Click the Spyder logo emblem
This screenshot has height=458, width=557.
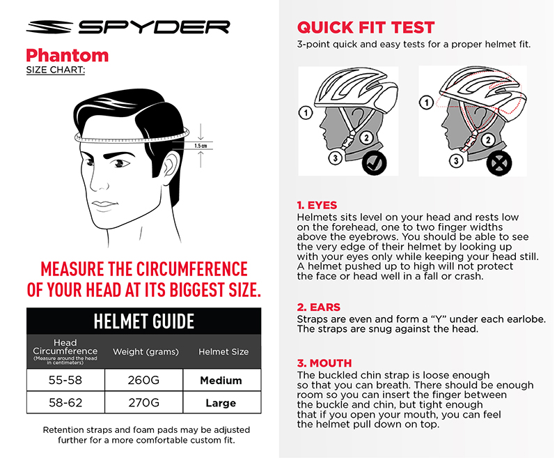[49, 27]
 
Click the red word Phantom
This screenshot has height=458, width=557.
[68, 56]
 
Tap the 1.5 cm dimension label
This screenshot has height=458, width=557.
[201, 146]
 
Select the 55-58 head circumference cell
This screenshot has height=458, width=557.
[65, 380]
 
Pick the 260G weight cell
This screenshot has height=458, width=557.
[144, 380]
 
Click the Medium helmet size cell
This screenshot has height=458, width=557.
[221, 380]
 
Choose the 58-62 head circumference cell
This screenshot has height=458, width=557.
[65, 402]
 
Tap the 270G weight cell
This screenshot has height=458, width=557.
[144, 402]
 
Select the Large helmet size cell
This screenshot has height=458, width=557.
[221, 402]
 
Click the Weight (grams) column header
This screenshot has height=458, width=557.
[146, 351]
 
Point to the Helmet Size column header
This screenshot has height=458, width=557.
[223, 351]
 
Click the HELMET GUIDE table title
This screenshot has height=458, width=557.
[144, 321]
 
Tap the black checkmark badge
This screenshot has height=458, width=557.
[374, 163]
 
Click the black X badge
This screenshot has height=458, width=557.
[499, 163]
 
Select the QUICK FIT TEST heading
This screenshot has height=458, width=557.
[366, 27]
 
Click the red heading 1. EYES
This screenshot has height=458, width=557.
[317, 205]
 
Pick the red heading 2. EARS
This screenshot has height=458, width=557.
[319, 307]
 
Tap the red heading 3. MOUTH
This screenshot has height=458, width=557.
[324, 363]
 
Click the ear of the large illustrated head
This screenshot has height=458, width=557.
[170, 167]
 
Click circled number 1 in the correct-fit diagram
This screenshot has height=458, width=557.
[306, 113]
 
